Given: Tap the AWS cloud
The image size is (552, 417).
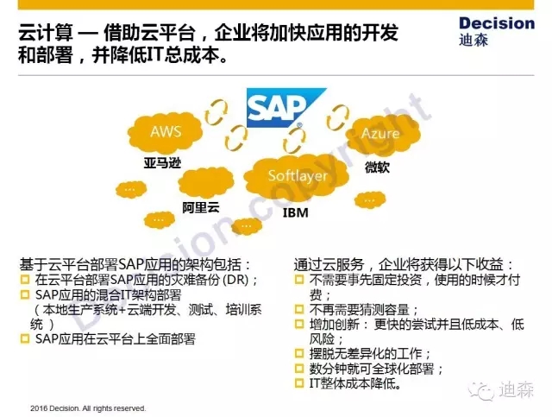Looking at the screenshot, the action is click(166, 132).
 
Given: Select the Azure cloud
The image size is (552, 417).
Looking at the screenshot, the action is click(382, 133).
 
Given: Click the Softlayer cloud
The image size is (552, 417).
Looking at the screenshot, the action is click(298, 175).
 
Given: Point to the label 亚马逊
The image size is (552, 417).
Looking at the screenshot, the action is click(162, 163).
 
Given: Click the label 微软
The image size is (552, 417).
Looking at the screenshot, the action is click(377, 167).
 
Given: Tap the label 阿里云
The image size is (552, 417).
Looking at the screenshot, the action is click(201, 207).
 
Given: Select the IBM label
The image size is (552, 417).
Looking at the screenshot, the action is click(296, 212).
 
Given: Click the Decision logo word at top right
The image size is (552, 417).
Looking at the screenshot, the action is click(497, 23).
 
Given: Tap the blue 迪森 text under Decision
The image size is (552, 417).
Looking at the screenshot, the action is click(474, 41).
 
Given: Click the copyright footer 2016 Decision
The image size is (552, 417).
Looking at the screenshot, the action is click(88, 408).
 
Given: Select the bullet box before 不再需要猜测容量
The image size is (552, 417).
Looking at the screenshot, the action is click(299, 309).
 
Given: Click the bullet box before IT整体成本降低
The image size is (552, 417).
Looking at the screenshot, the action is click(299, 382).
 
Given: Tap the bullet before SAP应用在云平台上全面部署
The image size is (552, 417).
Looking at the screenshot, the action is click(25, 338).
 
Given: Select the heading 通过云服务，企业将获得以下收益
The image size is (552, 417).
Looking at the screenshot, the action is click(404, 265).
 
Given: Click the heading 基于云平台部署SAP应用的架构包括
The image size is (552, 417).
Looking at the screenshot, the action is click(135, 265).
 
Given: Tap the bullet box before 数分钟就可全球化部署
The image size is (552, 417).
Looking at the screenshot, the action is click(299, 369).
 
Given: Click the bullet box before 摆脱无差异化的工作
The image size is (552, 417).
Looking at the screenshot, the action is click(299, 353).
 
